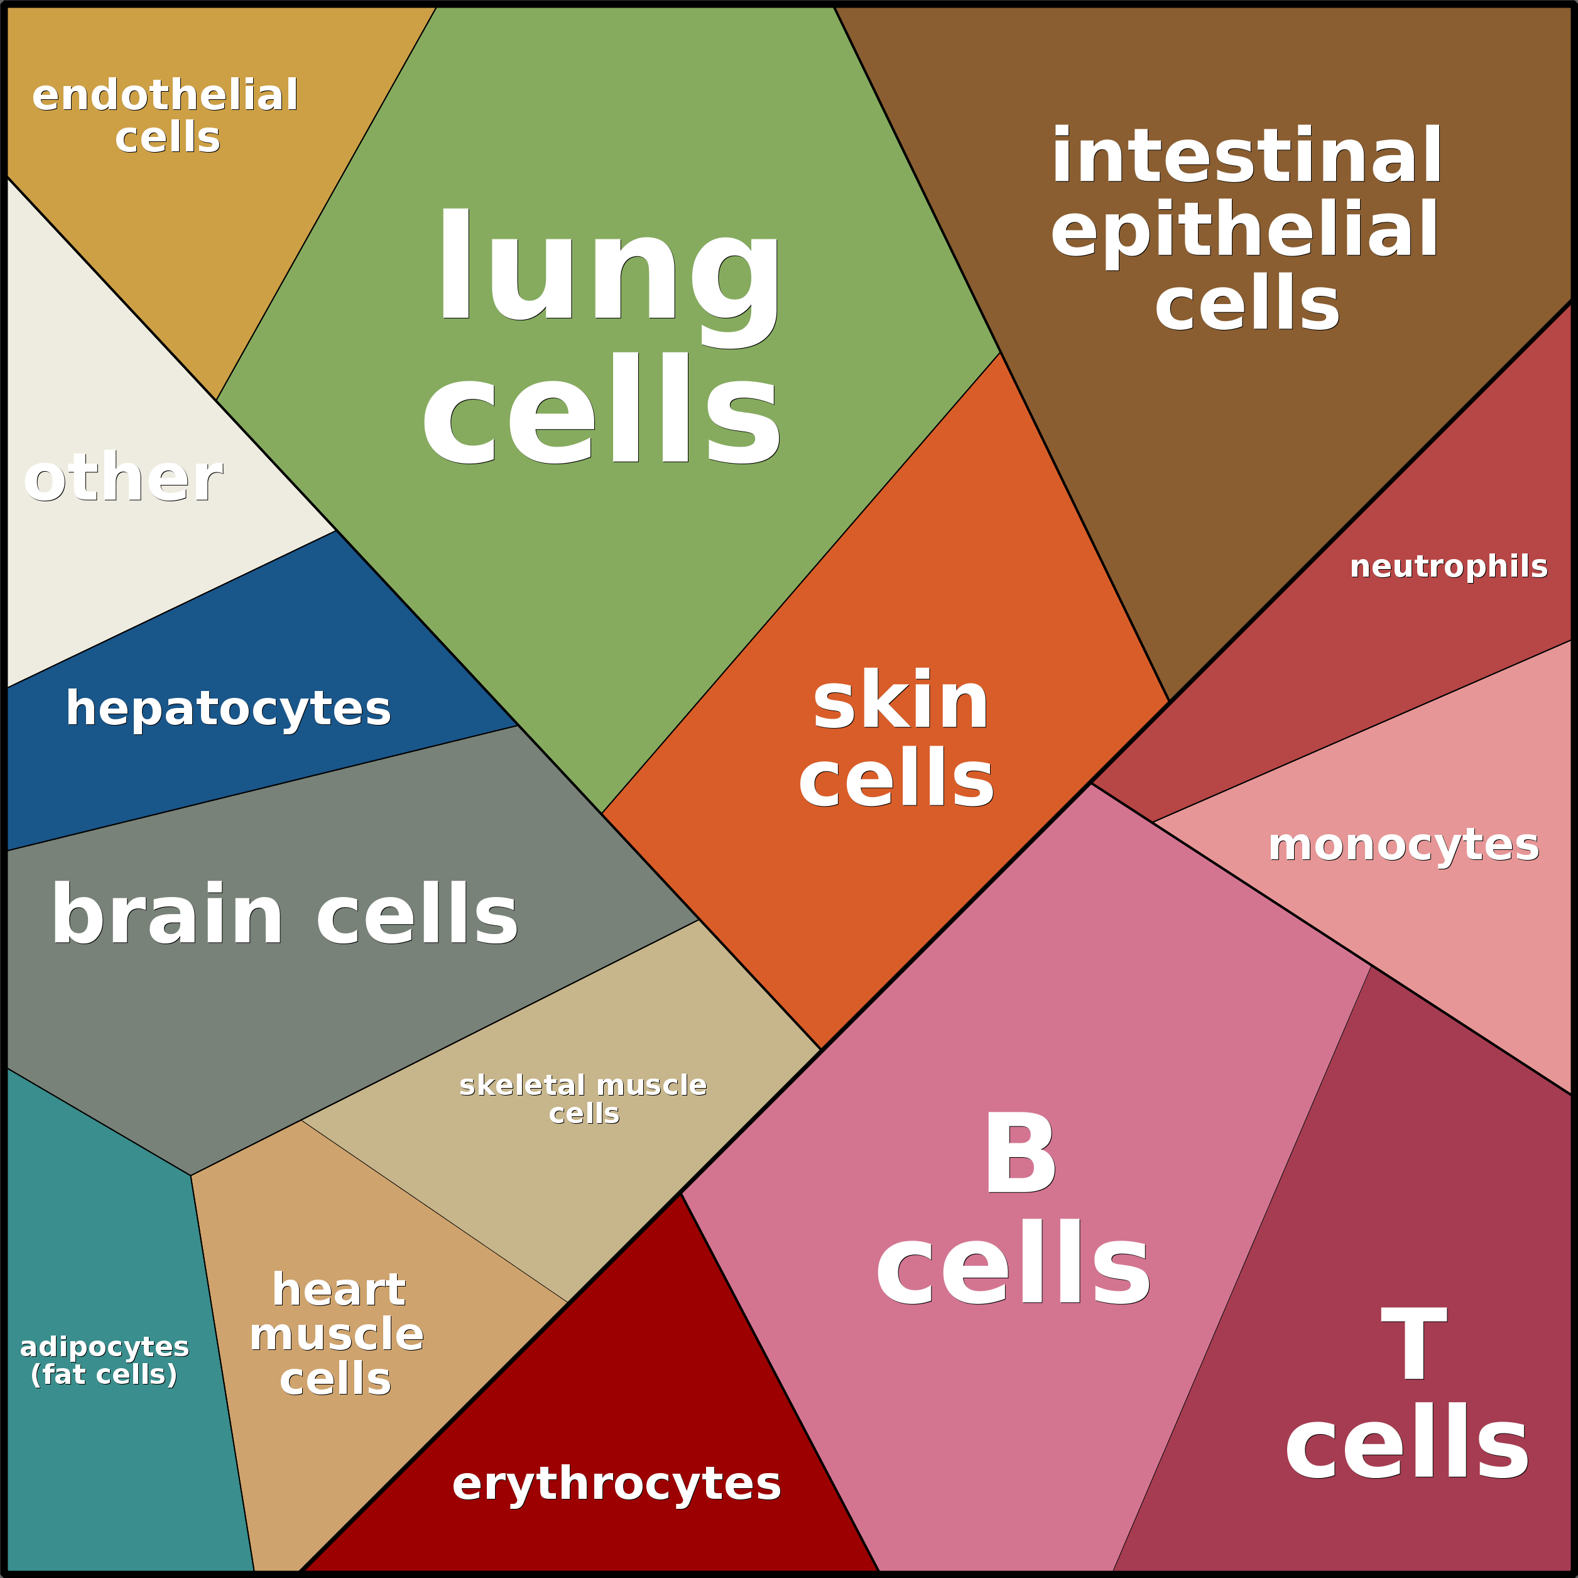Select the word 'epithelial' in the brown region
pyautogui.click(x=1244, y=231)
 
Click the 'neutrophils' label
pyautogui.click(x=1448, y=567)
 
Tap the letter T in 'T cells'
pyautogui.click(x=1414, y=1344)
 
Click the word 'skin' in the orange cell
pyautogui.click(x=900, y=701)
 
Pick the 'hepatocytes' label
pyautogui.click(x=228, y=708)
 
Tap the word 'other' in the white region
pyautogui.click(x=122, y=478)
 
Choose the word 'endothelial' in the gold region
pyautogui.click(x=165, y=95)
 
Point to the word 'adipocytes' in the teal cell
pyautogui.click(x=104, y=1347)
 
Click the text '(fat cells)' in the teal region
pyautogui.click(x=104, y=1374)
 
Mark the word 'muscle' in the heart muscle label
pyautogui.click(x=337, y=1335)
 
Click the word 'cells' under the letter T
pyautogui.click(x=1407, y=1442)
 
